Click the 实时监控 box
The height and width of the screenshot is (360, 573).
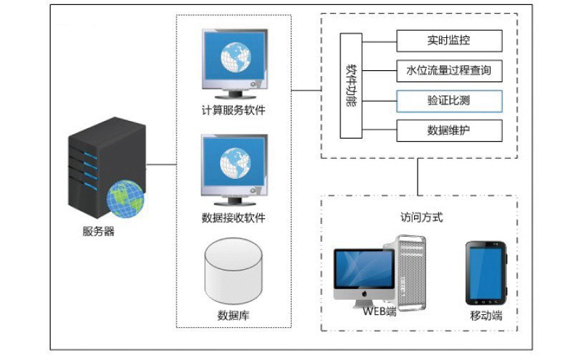(449, 41)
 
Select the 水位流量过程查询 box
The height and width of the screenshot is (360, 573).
(449, 71)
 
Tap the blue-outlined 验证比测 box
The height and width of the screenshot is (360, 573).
(449, 101)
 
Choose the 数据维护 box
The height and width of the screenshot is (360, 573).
(449, 130)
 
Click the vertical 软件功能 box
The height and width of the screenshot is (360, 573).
(353, 85)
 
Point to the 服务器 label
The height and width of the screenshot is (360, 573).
(98, 231)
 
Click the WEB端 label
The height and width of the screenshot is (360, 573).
(379, 311)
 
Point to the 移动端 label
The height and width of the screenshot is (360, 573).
(485, 314)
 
